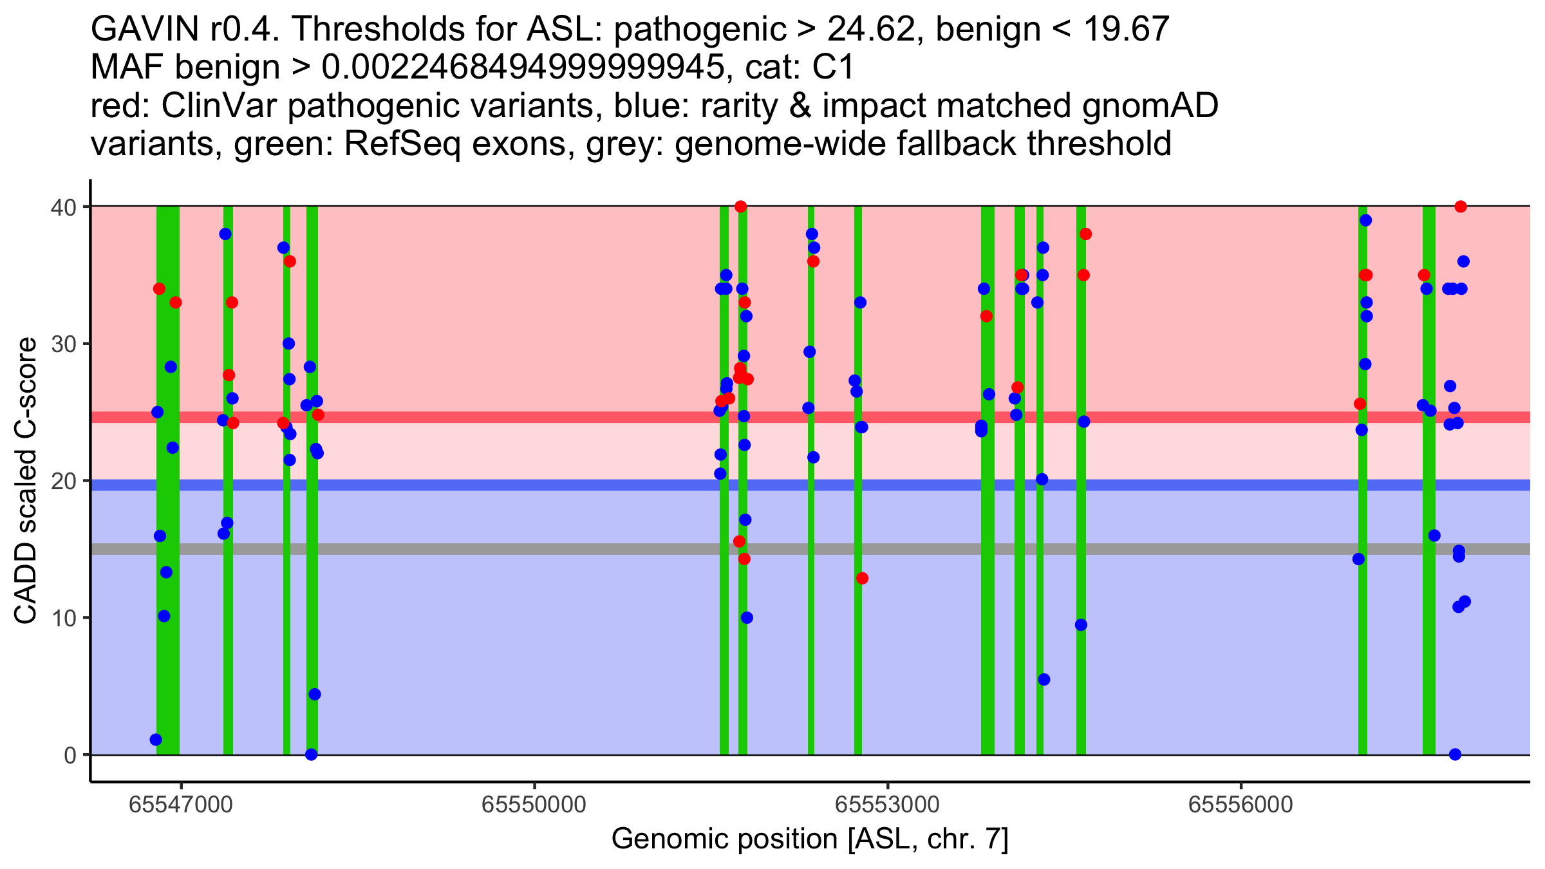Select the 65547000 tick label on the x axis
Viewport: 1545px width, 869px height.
pyautogui.click(x=181, y=805)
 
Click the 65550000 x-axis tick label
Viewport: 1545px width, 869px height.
pyautogui.click(x=534, y=805)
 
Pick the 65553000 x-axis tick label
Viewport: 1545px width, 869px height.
pyautogui.click(x=888, y=805)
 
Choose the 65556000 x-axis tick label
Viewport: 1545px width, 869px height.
pyautogui.click(x=1241, y=805)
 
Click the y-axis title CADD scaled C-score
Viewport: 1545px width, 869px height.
pyautogui.click(x=26, y=481)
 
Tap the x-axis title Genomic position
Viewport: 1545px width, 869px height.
pyautogui.click(x=810, y=839)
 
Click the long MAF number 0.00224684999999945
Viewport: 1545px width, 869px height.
pyautogui.click(x=523, y=68)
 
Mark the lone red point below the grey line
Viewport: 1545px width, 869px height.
pyautogui.click(x=862, y=578)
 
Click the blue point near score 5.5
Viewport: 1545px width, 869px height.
pyautogui.click(x=1044, y=680)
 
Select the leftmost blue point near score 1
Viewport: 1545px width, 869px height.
pyautogui.click(x=156, y=740)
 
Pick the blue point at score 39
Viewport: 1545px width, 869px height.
pyautogui.click(x=1365, y=220)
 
